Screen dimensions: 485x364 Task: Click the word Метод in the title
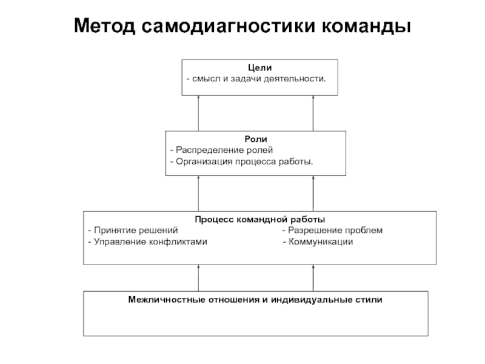[x=104, y=25]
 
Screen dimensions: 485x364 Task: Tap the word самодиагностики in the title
[x=229, y=25]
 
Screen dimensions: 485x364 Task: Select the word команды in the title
[x=367, y=25]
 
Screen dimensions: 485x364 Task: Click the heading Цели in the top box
[x=260, y=68]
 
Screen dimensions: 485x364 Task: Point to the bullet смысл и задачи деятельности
[x=256, y=79]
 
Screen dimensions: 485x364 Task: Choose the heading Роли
[x=256, y=139]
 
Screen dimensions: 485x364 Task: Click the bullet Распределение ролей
[x=221, y=150]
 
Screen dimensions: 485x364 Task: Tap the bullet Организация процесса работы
[x=241, y=161]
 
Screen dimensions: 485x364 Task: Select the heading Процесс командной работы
[x=260, y=220]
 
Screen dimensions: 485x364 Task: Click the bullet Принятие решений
[x=133, y=231]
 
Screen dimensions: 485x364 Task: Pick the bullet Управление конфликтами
[x=147, y=241]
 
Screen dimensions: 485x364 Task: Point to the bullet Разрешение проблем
[x=332, y=231]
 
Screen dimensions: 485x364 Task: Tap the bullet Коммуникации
[x=318, y=241]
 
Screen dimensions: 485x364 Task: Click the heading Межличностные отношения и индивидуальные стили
[x=255, y=300]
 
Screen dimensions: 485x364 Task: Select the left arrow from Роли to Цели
[x=199, y=113]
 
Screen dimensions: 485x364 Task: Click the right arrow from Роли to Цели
[x=313, y=113]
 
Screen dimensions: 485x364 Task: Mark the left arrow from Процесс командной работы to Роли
[x=199, y=194]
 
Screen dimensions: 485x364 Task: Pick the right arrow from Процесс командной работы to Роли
[x=313, y=194]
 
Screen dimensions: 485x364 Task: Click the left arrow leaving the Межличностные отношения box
[x=199, y=278]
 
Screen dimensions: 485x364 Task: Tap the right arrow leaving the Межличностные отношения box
[x=313, y=278]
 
